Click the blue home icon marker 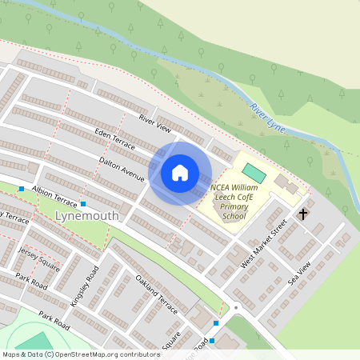point(180,173)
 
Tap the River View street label point(155,123)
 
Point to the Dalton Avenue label point(122,164)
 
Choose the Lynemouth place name point(87,216)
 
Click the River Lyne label point(267,118)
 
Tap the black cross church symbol point(303,214)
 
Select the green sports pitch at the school point(254,173)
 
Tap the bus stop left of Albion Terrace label point(22,190)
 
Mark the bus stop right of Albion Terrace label point(82,205)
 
